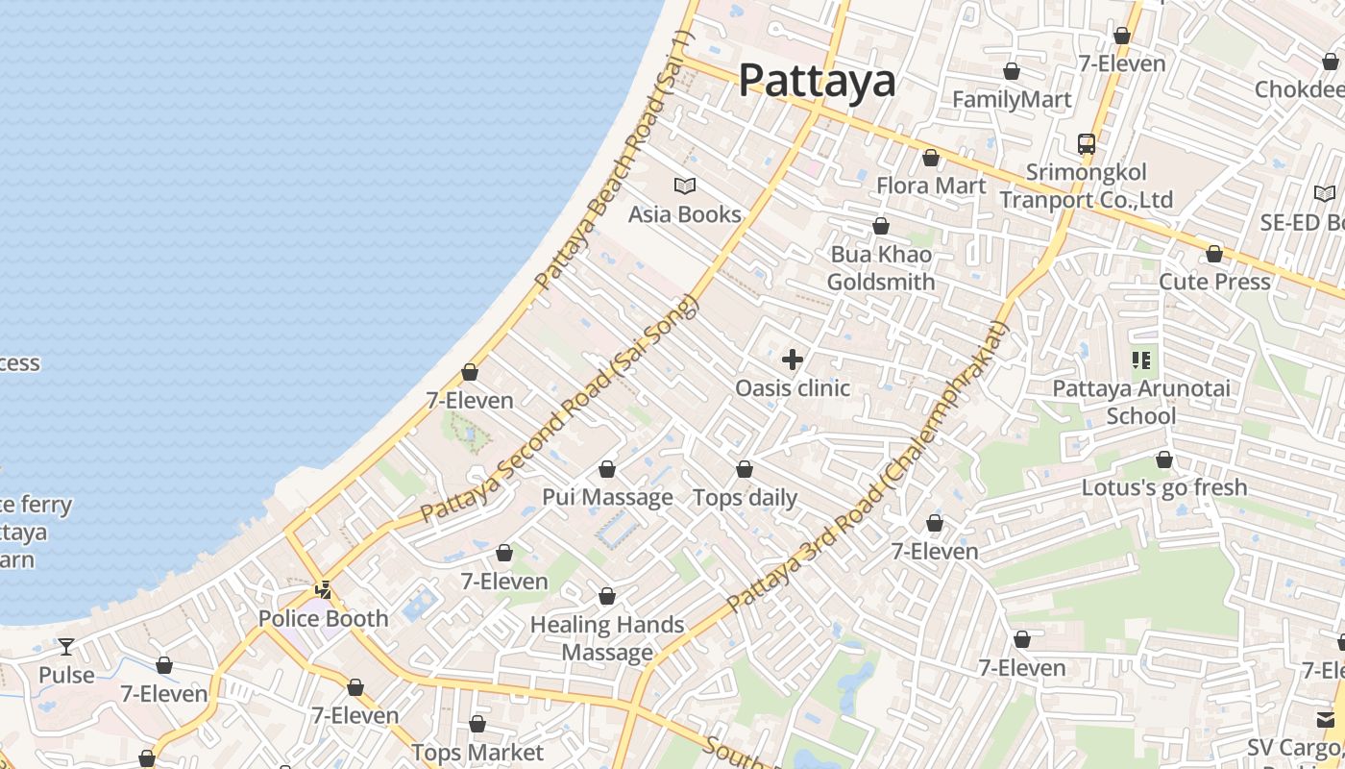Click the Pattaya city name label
pyautogui.click(x=817, y=81)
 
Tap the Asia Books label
pyautogui.click(x=684, y=213)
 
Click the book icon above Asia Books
pyautogui.click(x=685, y=186)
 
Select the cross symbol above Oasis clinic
pyautogui.click(x=793, y=360)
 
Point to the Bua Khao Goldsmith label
pyautogui.click(x=881, y=268)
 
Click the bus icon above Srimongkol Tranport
pyautogui.click(x=1087, y=144)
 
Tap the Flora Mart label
pyautogui.click(x=931, y=186)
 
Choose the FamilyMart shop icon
pyautogui.click(x=1011, y=71)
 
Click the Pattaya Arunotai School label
pyautogui.click(x=1140, y=402)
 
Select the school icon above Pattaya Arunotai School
pyautogui.click(x=1141, y=360)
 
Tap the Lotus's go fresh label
pyautogui.click(x=1164, y=487)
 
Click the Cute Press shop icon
pyautogui.click(x=1214, y=254)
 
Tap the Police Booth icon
pyautogui.click(x=325, y=589)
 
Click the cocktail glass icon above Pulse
pyautogui.click(x=66, y=646)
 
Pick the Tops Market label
pyautogui.click(x=477, y=752)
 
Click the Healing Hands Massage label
pyautogui.click(x=607, y=638)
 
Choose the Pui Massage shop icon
pyautogui.click(x=607, y=469)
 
